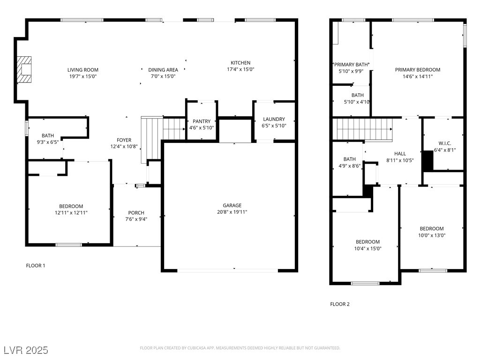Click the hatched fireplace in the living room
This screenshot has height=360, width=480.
24,69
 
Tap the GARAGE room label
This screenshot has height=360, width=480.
232,205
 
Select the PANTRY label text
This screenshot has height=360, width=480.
202,121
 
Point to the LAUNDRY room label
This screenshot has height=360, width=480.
274,119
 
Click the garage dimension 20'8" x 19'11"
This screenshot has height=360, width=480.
232,212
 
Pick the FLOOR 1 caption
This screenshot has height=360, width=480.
36,265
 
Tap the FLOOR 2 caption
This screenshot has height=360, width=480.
340,304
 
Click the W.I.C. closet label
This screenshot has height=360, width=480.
445,143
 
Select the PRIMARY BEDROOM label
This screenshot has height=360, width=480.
418,70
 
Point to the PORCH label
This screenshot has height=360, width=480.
136,213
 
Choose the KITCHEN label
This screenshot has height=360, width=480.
240,63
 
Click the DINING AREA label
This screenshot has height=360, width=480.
163,70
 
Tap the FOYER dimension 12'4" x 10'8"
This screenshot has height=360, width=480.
124,147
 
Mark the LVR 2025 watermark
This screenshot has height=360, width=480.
26,350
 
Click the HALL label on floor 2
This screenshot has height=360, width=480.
400,154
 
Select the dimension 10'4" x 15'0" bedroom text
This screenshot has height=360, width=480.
367,248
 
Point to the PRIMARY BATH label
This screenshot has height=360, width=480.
351,65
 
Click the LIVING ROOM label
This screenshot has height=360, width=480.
83,70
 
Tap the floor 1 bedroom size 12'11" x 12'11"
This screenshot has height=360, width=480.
71,213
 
